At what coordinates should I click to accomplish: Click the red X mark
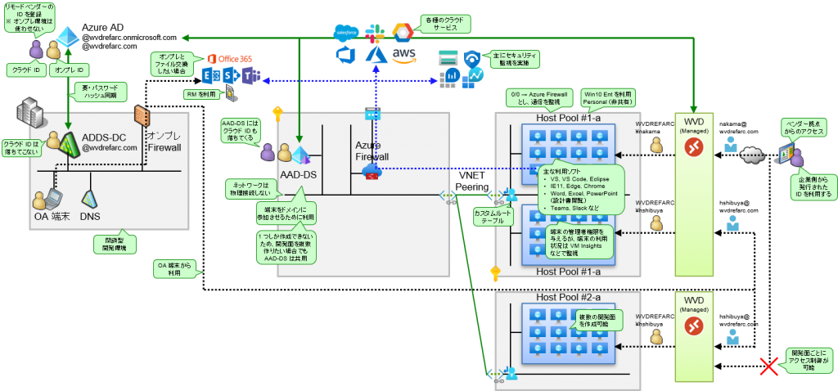tap(768, 366)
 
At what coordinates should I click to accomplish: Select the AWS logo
tap(403, 55)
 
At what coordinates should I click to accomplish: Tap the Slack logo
tap(376, 34)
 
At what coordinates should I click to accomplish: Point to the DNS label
tap(90, 217)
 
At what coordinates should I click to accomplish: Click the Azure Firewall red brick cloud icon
tap(373, 170)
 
